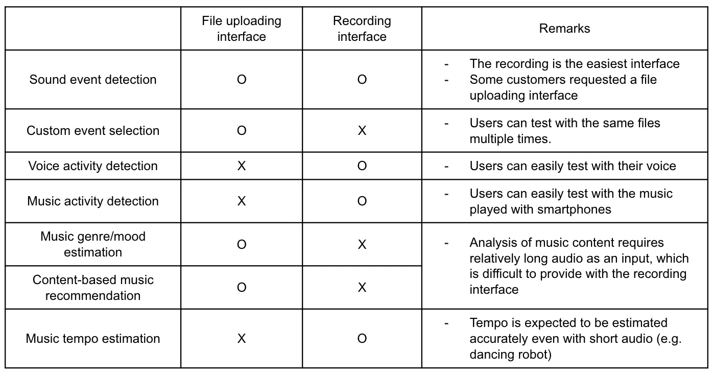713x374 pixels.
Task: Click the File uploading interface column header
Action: pos(241,29)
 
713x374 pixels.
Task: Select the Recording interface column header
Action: pos(362,29)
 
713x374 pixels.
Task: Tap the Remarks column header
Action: pos(564,29)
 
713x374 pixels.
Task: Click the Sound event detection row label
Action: pos(93,80)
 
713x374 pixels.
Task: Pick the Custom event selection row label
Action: pos(93,131)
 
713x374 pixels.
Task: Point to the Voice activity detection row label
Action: pos(93,166)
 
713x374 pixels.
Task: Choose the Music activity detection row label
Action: pos(93,201)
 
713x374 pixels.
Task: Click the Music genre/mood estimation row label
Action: pos(93,244)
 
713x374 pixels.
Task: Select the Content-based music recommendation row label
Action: pos(93,288)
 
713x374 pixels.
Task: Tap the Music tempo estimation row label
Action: pos(93,339)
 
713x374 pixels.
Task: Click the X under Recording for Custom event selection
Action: pos(362,131)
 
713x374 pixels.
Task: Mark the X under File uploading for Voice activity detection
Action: pos(242,166)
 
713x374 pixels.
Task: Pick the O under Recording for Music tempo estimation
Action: pos(362,339)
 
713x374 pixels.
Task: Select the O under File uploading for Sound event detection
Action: pos(242,80)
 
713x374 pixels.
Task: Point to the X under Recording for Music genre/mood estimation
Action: pos(362,245)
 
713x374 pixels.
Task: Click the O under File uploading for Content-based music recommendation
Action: pos(242,288)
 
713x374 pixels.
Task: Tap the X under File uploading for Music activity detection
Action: pos(242,201)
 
